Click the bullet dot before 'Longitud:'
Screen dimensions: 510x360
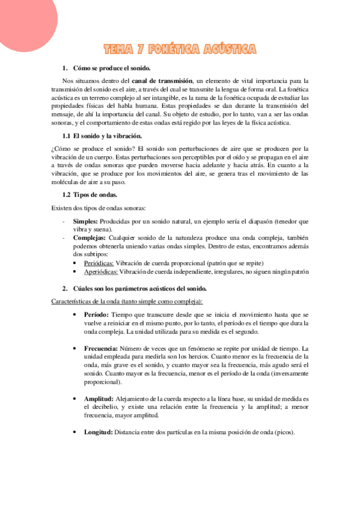click(x=75, y=432)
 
